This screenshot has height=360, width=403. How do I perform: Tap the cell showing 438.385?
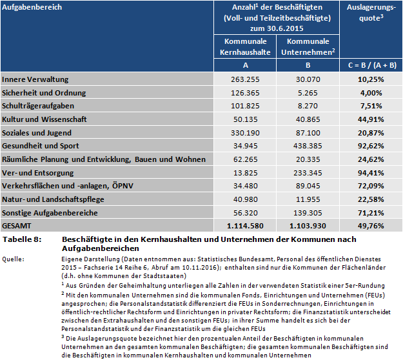click(x=308, y=146)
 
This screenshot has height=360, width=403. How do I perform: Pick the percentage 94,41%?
click(x=371, y=172)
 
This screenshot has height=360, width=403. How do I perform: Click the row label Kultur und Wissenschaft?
click(x=44, y=119)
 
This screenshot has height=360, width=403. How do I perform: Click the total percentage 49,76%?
click(x=371, y=226)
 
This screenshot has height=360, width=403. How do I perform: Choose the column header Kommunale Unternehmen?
click(x=308, y=46)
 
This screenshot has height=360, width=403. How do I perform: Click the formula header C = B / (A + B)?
click(x=371, y=65)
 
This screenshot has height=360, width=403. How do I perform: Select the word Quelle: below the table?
click(x=14, y=259)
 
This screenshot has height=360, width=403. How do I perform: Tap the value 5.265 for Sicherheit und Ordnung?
click(x=308, y=93)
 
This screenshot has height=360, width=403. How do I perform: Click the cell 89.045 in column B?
click(x=308, y=186)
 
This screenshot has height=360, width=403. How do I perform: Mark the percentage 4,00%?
click(x=371, y=93)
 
